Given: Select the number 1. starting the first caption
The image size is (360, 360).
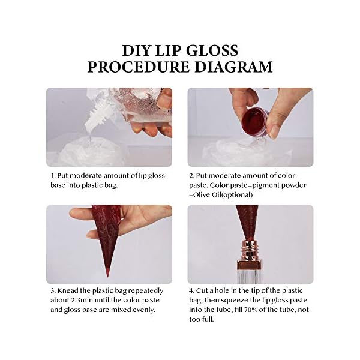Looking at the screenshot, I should coord(53,176).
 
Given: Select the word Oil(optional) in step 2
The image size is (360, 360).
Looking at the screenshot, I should coord(222,195).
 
